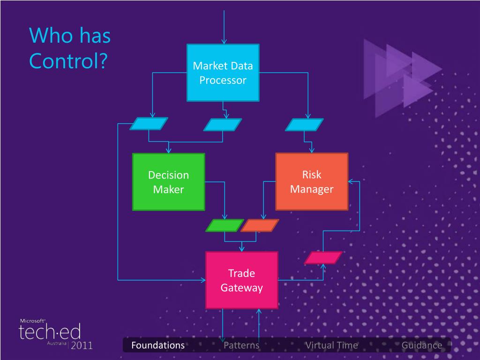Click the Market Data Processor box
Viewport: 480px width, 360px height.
[x=223, y=73]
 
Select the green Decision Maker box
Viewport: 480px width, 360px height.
[x=168, y=182]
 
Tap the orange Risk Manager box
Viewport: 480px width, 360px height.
[x=312, y=181]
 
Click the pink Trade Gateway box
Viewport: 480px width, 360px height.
[x=241, y=280]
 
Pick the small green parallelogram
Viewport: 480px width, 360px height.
[x=225, y=225]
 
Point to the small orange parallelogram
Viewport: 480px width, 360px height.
[x=260, y=225]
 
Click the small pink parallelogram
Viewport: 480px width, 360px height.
[x=323, y=257]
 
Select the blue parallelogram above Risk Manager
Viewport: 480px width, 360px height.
[x=304, y=125]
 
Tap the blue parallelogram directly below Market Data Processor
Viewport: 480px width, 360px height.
[x=223, y=125]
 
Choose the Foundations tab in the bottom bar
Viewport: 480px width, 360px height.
[x=158, y=345]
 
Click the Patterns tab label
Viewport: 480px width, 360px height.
[x=241, y=345]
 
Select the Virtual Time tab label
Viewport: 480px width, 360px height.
[x=331, y=345]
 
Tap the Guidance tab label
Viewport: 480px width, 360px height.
[x=422, y=345]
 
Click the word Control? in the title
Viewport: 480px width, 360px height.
[x=68, y=60]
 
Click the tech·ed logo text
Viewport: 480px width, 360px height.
[x=50, y=331]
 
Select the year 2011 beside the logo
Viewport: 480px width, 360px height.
[x=82, y=345]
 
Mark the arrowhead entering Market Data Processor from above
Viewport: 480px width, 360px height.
[x=224, y=41]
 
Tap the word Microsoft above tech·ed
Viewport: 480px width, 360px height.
[x=32, y=321]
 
